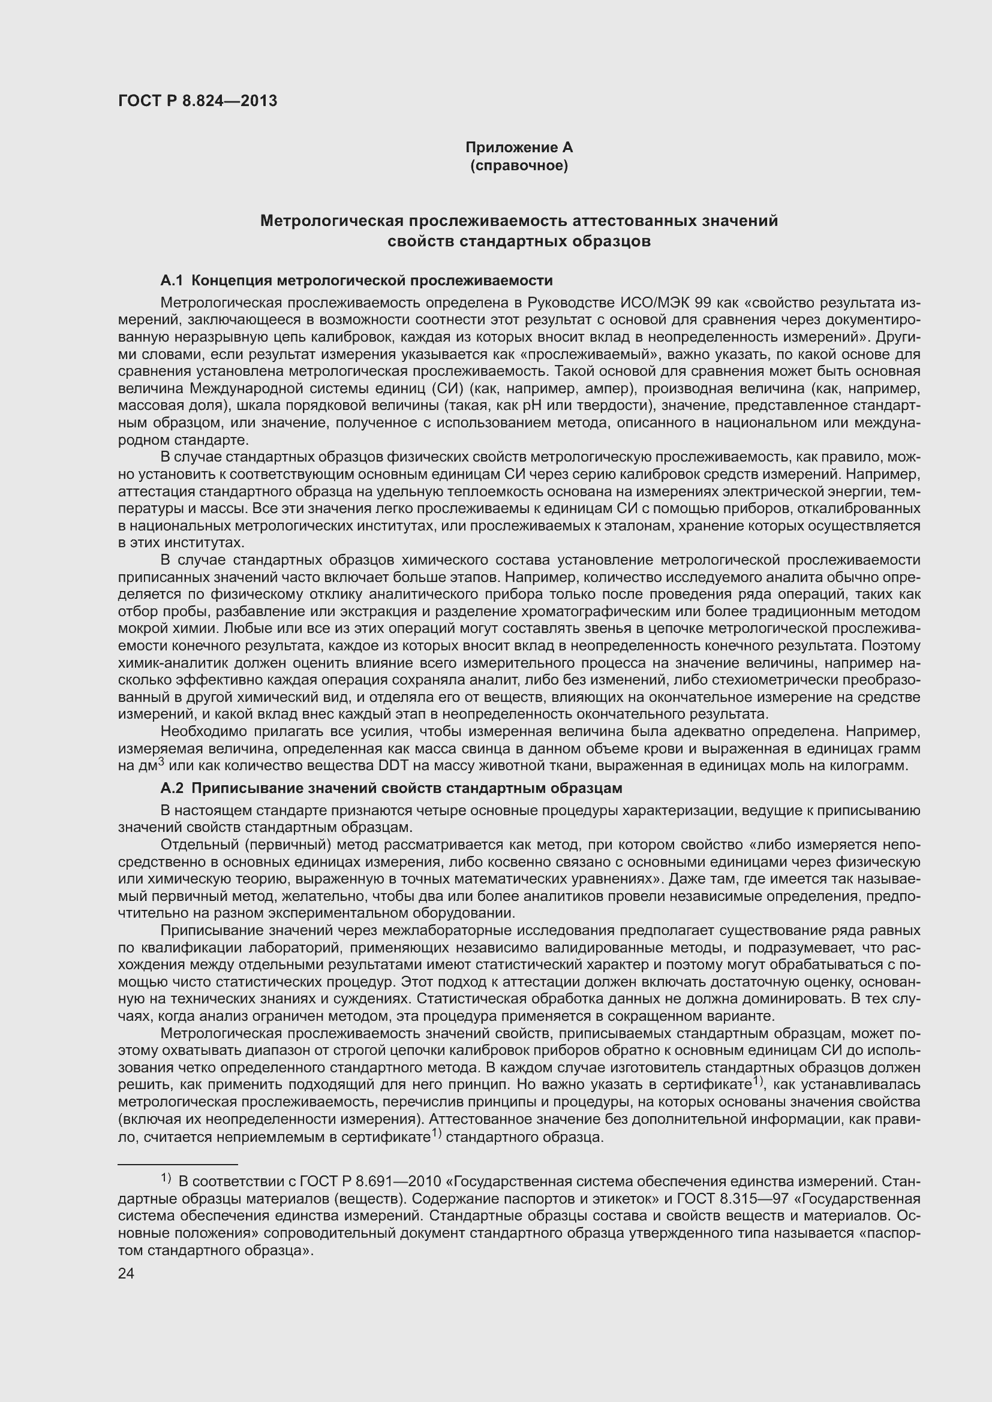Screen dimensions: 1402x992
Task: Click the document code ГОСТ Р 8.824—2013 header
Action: point(197,101)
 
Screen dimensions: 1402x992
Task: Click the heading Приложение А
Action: point(519,147)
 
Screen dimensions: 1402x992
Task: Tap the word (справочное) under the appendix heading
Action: point(519,165)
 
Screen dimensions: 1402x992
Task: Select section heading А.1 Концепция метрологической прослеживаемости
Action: point(356,281)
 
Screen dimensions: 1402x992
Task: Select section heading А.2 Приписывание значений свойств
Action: point(391,788)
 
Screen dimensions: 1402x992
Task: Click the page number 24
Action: point(126,1273)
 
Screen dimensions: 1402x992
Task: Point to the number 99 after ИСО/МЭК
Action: point(705,303)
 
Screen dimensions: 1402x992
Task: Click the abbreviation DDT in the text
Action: point(393,765)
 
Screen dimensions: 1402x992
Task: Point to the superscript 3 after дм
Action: point(161,761)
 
